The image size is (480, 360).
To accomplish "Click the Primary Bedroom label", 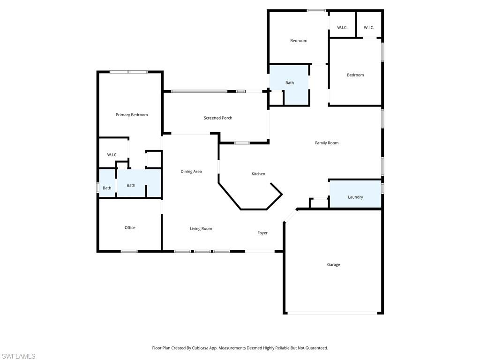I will pyautogui.click(x=132, y=115).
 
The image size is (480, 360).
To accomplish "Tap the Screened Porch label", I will pyautogui.click(x=218, y=118).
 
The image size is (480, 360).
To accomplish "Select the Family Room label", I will pyautogui.click(x=327, y=143).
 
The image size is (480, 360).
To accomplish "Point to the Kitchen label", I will pyautogui.click(x=258, y=174).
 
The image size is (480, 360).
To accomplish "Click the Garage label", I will pyautogui.click(x=333, y=265).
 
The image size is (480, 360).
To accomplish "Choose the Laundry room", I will pyautogui.click(x=355, y=197).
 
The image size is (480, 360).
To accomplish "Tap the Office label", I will pyautogui.click(x=130, y=228).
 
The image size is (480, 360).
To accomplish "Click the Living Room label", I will pyautogui.click(x=201, y=229).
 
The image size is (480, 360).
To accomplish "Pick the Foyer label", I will pyautogui.click(x=262, y=233).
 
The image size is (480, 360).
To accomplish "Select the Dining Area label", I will pyautogui.click(x=191, y=172).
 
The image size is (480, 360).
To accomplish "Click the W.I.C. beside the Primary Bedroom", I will pyautogui.click(x=112, y=155).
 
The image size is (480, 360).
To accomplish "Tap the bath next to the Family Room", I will pyautogui.click(x=290, y=83).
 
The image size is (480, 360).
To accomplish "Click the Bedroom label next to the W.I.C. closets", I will pyautogui.click(x=299, y=41).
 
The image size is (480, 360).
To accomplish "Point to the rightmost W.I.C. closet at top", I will pyautogui.click(x=369, y=28).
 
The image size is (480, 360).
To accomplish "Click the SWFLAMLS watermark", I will pyautogui.click(x=18, y=356).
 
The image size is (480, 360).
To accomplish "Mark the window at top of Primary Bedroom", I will pyautogui.click(x=129, y=72).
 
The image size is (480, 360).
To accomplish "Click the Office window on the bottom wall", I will pyautogui.click(x=129, y=252).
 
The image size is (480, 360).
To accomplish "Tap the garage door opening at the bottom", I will pyautogui.click(x=333, y=313).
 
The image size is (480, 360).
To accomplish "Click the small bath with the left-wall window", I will pyautogui.click(x=107, y=188).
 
